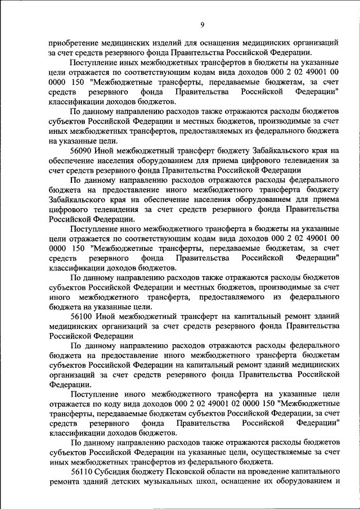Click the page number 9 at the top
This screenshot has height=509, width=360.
(202, 24)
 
